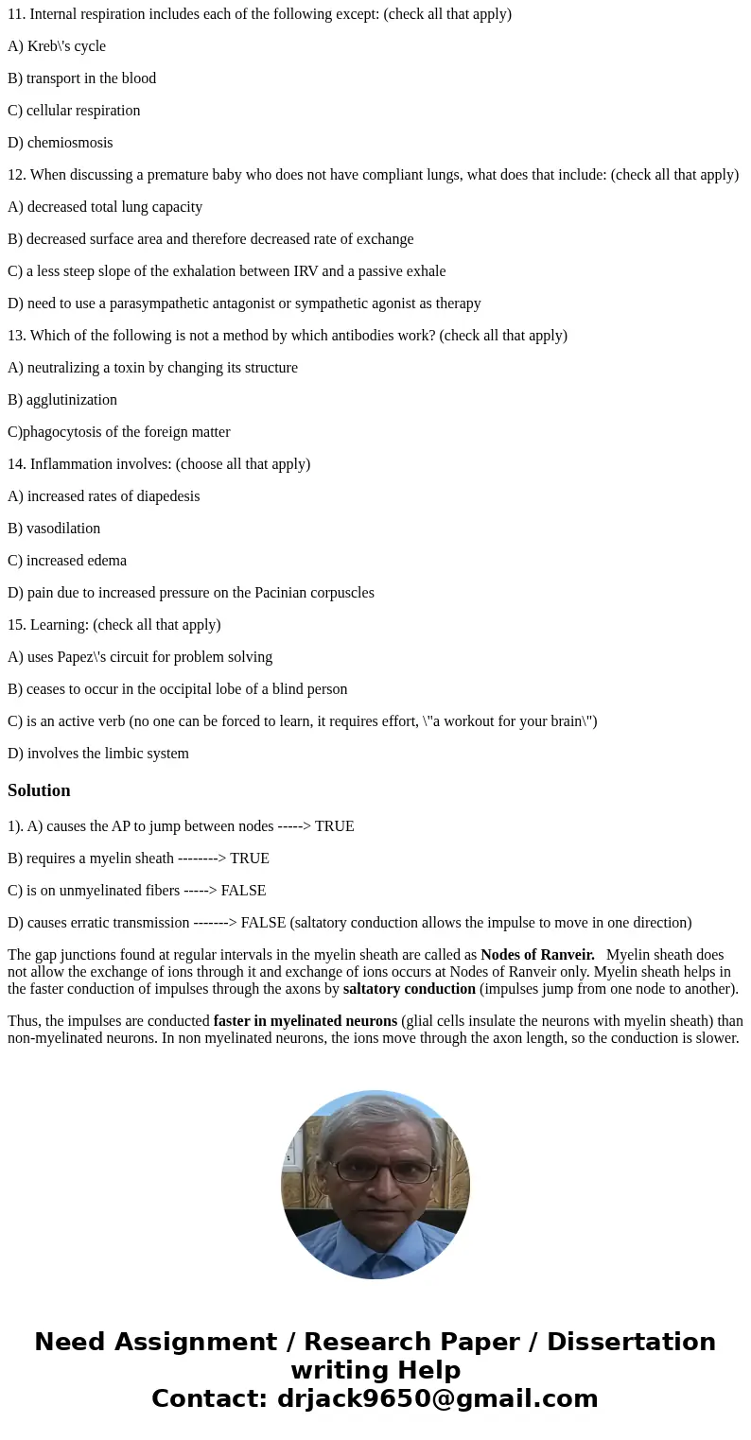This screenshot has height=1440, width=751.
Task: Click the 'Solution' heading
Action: point(39,790)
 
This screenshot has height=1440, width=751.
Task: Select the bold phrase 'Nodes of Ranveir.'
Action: point(537,955)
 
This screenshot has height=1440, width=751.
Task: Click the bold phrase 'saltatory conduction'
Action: point(409,989)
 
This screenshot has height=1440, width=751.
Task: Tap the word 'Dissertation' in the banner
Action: point(631,1343)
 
